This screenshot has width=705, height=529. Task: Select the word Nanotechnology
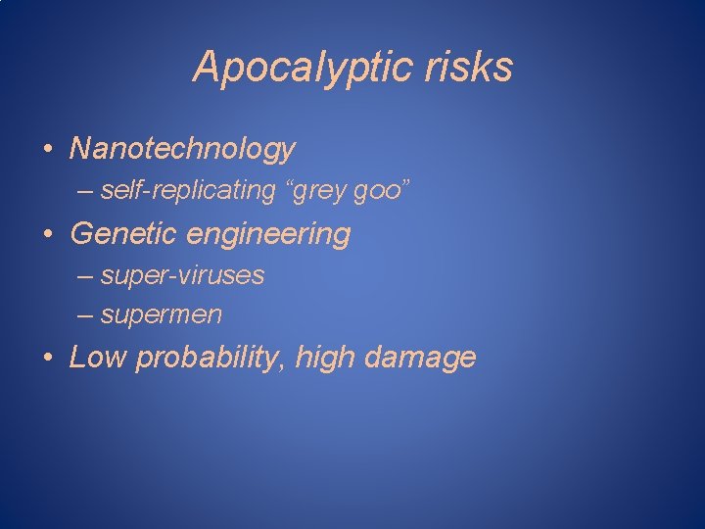[182, 149]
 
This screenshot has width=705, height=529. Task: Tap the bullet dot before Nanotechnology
[48, 150]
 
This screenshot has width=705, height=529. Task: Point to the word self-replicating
[189, 191]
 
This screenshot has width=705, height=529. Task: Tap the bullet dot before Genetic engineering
[48, 235]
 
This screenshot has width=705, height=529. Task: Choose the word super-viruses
[182, 276]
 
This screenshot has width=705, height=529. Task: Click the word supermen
[162, 315]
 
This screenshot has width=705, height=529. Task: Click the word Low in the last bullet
[98, 358]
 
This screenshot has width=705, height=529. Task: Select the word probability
[207, 359]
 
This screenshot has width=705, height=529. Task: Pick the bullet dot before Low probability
[48, 359]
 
